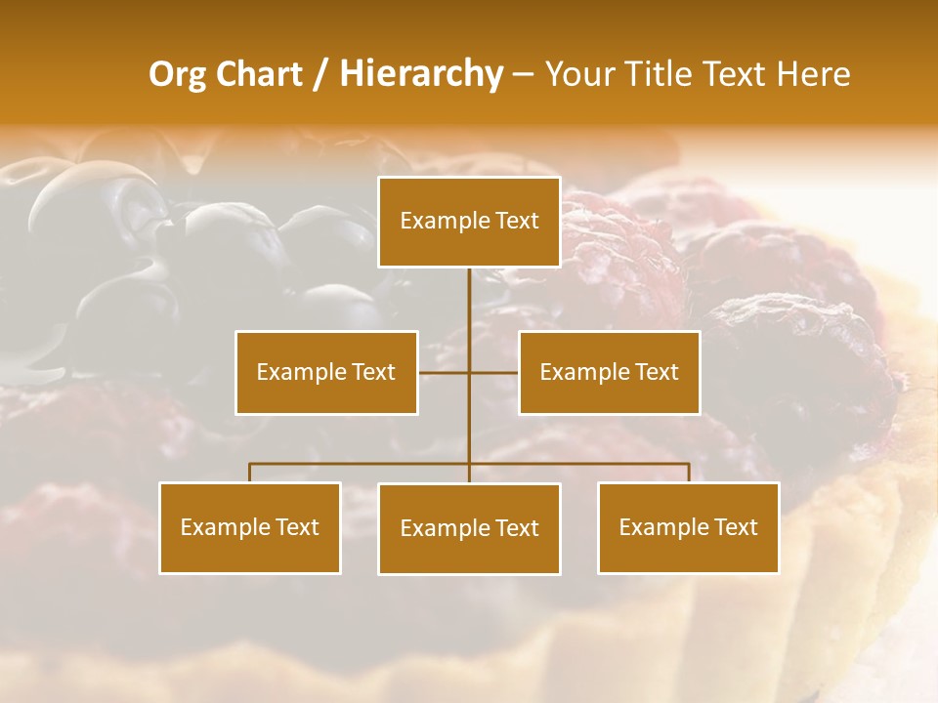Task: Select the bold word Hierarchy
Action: [x=421, y=74]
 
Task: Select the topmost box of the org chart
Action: [x=469, y=222]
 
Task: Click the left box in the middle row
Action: [x=326, y=372]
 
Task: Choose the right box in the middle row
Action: [x=609, y=372]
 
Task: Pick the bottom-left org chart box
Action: [x=250, y=528]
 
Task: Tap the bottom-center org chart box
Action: [x=469, y=528]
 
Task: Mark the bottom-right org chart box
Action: [x=688, y=528]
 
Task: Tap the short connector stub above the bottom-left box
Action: [x=250, y=473]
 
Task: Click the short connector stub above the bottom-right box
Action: [x=689, y=473]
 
